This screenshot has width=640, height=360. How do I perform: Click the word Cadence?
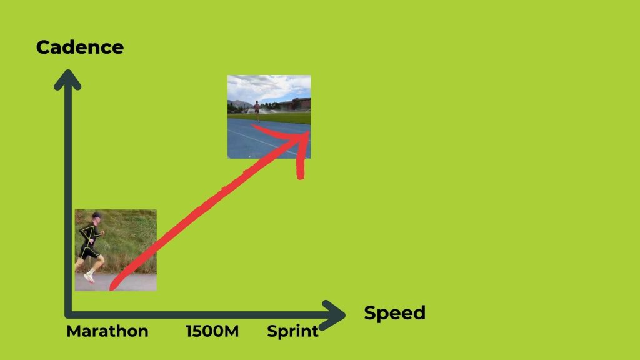coord(80,47)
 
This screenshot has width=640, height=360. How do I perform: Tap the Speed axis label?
coord(395,314)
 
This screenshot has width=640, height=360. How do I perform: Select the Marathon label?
coord(107,331)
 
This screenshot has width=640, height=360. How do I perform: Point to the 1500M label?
coord(212,331)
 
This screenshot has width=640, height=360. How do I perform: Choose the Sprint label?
coord(292,331)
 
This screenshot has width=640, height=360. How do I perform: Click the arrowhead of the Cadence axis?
coord(67,78)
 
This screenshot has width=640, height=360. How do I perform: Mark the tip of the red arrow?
coord(308,132)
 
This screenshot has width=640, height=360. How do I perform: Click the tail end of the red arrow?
coord(111,288)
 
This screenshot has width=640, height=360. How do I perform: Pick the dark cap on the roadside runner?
coord(96,215)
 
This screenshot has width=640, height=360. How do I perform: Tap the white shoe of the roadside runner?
coord(89,278)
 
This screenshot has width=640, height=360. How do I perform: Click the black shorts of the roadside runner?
coord(89,252)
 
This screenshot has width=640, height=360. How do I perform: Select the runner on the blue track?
coord(257,111)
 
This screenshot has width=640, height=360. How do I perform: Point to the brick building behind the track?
coord(296,104)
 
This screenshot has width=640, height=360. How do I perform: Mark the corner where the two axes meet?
coord(68,315)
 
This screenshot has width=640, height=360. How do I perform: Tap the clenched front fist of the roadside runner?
coord(102,233)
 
